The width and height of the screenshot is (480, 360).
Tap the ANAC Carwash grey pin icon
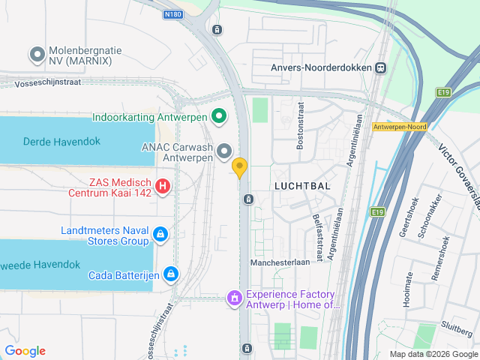tap(224, 153)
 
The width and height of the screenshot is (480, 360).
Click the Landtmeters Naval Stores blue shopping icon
tap(160, 235)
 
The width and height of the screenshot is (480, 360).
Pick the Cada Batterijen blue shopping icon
tap(172, 274)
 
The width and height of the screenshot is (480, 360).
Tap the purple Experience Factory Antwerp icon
tap(235, 299)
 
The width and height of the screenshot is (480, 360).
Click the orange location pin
tap(240, 167)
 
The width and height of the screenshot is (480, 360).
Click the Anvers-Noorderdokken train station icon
tap(381, 67)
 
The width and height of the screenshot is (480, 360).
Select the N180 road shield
tap(172, 13)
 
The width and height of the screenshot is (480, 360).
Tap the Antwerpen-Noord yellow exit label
tap(399, 127)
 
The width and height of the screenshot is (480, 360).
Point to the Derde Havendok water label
tap(57, 141)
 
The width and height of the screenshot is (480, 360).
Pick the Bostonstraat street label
tap(300, 131)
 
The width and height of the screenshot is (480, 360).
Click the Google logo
tap(25, 351)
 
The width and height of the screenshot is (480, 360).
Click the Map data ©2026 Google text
tap(433, 354)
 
